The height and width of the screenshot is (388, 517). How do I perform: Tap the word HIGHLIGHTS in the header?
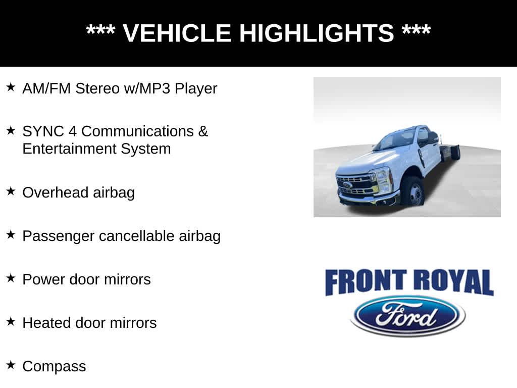coord(316,33)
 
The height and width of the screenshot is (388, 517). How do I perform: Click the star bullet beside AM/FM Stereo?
coord(11,87)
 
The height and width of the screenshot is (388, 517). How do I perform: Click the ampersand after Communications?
coord(202,131)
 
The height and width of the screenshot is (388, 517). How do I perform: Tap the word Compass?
coord(54,367)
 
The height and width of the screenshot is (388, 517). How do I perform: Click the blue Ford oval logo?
coord(407,316)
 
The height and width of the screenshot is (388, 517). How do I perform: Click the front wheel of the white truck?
coord(413,192)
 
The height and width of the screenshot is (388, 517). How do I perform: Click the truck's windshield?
coord(395,139)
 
